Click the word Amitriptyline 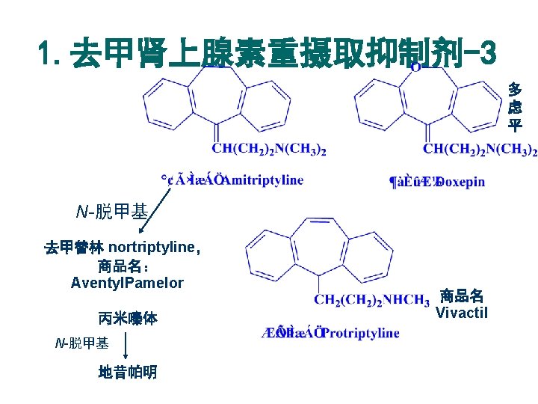coord(263,180)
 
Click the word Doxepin coord(460,181)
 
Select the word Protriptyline coord(363,332)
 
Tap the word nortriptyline coord(150,248)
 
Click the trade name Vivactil coord(461,313)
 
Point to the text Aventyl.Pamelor coord(127,283)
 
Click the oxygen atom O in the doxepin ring coord(415,67)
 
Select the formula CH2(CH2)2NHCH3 coord(371,300)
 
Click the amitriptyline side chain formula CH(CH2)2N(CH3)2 coord(270,150)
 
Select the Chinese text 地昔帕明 coord(127,372)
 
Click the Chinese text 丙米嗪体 coord(127,318)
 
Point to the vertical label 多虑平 coord(515,107)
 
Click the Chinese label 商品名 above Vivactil coord(461,295)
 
